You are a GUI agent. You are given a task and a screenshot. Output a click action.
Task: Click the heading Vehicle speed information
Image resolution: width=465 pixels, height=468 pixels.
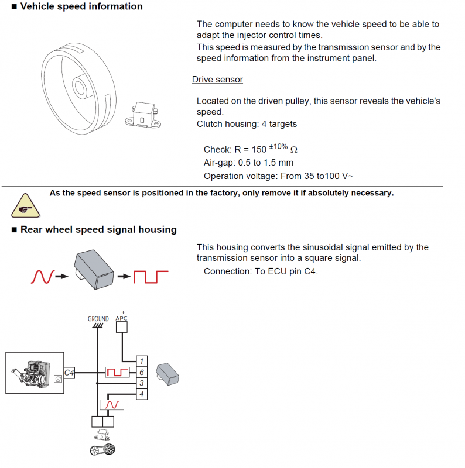pos(81,6)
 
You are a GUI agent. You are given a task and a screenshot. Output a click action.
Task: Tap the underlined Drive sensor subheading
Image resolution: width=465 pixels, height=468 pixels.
pos(217,80)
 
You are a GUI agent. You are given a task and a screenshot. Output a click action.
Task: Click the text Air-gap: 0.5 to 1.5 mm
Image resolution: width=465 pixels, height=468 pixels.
pos(248,163)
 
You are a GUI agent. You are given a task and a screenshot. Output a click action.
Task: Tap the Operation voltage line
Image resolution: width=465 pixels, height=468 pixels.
pos(278,175)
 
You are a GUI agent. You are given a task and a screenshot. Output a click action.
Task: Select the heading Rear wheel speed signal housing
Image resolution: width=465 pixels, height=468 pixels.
pos(98,230)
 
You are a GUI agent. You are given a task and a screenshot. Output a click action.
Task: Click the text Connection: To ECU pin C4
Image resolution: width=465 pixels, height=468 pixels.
pos(261,271)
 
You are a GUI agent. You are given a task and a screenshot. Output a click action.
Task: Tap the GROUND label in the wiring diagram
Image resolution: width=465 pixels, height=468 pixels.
pos(98,319)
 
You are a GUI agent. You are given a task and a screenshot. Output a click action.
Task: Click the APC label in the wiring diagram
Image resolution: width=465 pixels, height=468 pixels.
pos(122,318)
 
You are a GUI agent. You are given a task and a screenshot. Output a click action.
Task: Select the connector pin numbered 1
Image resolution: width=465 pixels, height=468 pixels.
pos(141,362)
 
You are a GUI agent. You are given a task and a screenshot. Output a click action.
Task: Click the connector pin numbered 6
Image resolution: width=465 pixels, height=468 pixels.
pos(141,372)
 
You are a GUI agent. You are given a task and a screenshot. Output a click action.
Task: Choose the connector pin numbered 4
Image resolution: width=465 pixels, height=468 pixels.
pos(141,394)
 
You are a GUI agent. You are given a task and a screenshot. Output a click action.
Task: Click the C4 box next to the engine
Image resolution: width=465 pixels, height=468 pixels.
pos(69,372)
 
